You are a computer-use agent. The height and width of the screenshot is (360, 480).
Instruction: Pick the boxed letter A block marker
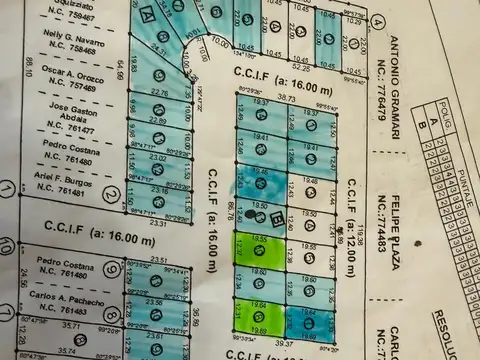click(147, 15)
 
